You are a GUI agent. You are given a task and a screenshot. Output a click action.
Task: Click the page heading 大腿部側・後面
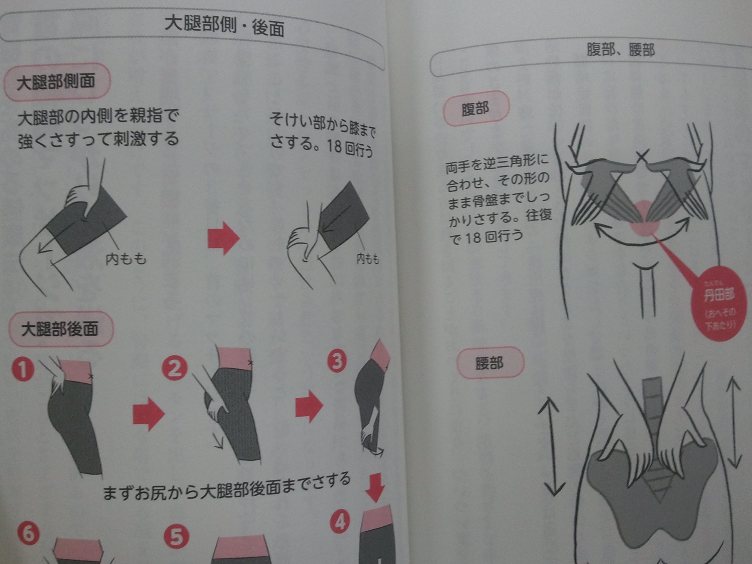click(224, 26)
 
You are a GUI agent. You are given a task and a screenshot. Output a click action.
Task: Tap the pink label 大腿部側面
click(56, 82)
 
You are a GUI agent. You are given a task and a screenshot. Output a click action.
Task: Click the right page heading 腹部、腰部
click(620, 50)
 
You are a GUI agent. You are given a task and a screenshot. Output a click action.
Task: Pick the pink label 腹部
click(475, 109)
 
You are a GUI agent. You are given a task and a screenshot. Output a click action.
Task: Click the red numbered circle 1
click(23, 370)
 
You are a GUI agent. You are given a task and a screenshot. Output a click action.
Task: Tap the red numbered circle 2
click(175, 368)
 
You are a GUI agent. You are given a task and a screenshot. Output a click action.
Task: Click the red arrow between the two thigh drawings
click(223, 238)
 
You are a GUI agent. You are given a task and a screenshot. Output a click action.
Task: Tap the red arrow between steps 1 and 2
click(148, 414)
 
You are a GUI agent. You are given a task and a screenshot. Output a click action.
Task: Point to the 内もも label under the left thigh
click(126, 259)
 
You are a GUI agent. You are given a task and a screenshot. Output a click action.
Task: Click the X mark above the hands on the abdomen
click(642, 156)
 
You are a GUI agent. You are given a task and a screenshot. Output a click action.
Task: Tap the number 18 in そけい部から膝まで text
click(334, 146)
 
